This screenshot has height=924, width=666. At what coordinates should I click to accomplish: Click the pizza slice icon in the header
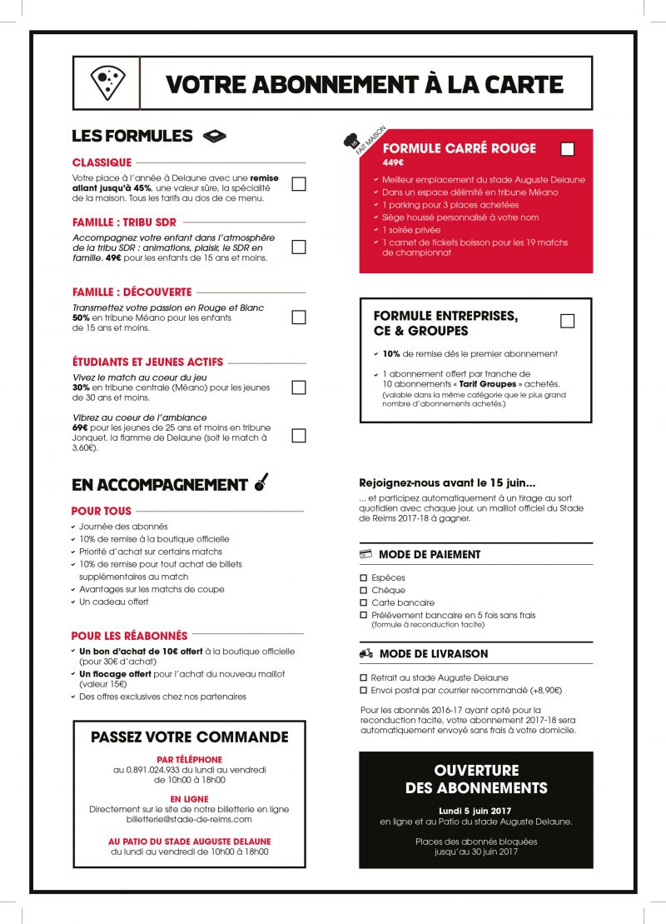coord(107,83)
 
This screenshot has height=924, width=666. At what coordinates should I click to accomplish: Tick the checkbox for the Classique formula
coord(299,184)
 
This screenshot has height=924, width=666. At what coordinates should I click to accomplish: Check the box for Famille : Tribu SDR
coord(299,247)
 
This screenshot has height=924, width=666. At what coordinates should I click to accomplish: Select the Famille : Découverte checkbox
coord(299,317)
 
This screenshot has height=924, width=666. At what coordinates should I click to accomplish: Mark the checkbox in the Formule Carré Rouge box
coord(568,149)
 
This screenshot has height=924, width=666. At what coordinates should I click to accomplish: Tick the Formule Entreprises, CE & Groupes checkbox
coord(568,321)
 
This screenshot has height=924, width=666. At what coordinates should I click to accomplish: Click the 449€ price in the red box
coord(393,162)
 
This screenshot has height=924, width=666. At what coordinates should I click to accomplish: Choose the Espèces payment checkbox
coord(363,577)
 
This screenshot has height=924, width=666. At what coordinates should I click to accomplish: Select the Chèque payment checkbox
coord(363,590)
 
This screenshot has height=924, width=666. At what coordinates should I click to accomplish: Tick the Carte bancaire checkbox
coord(363,602)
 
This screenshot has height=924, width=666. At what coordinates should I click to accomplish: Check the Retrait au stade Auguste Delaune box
coord(363,678)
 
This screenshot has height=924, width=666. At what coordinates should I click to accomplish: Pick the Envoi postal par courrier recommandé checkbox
coord(363,690)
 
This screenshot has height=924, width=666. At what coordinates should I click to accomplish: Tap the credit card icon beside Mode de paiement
coord(365,554)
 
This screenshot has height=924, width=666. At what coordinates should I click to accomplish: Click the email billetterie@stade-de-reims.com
coord(189,820)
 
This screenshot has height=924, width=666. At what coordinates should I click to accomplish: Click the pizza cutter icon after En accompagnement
coord(261,482)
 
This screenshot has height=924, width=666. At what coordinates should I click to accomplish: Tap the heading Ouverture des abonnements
coord(476,779)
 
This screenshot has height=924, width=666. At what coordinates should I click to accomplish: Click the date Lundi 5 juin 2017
coord(476,810)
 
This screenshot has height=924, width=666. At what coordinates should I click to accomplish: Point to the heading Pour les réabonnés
coord(129,635)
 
